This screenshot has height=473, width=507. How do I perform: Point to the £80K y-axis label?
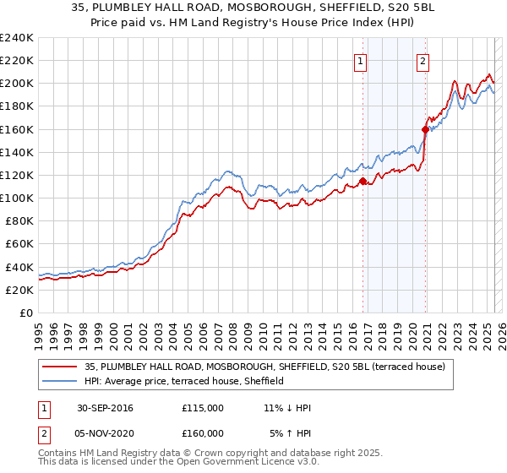19,220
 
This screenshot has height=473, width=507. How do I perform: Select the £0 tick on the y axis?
27,313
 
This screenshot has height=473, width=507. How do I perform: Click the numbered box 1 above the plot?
361,60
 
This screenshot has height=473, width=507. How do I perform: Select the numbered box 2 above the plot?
422,60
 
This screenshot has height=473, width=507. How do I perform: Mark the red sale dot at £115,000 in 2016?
363,181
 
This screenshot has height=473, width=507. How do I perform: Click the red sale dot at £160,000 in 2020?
425,129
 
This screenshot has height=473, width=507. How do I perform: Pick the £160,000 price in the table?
203,433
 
